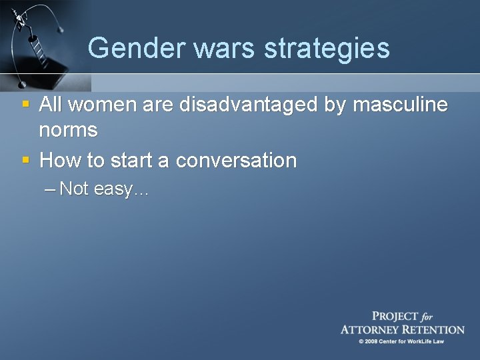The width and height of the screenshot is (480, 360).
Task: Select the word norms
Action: (x=68, y=130)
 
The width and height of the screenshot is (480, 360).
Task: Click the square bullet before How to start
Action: (x=25, y=160)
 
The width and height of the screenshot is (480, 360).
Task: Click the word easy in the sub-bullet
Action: (x=115, y=190)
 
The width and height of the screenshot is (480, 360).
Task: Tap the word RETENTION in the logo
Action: (x=434, y=329)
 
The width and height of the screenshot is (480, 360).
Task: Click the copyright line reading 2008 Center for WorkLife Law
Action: (x=401, y=341)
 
